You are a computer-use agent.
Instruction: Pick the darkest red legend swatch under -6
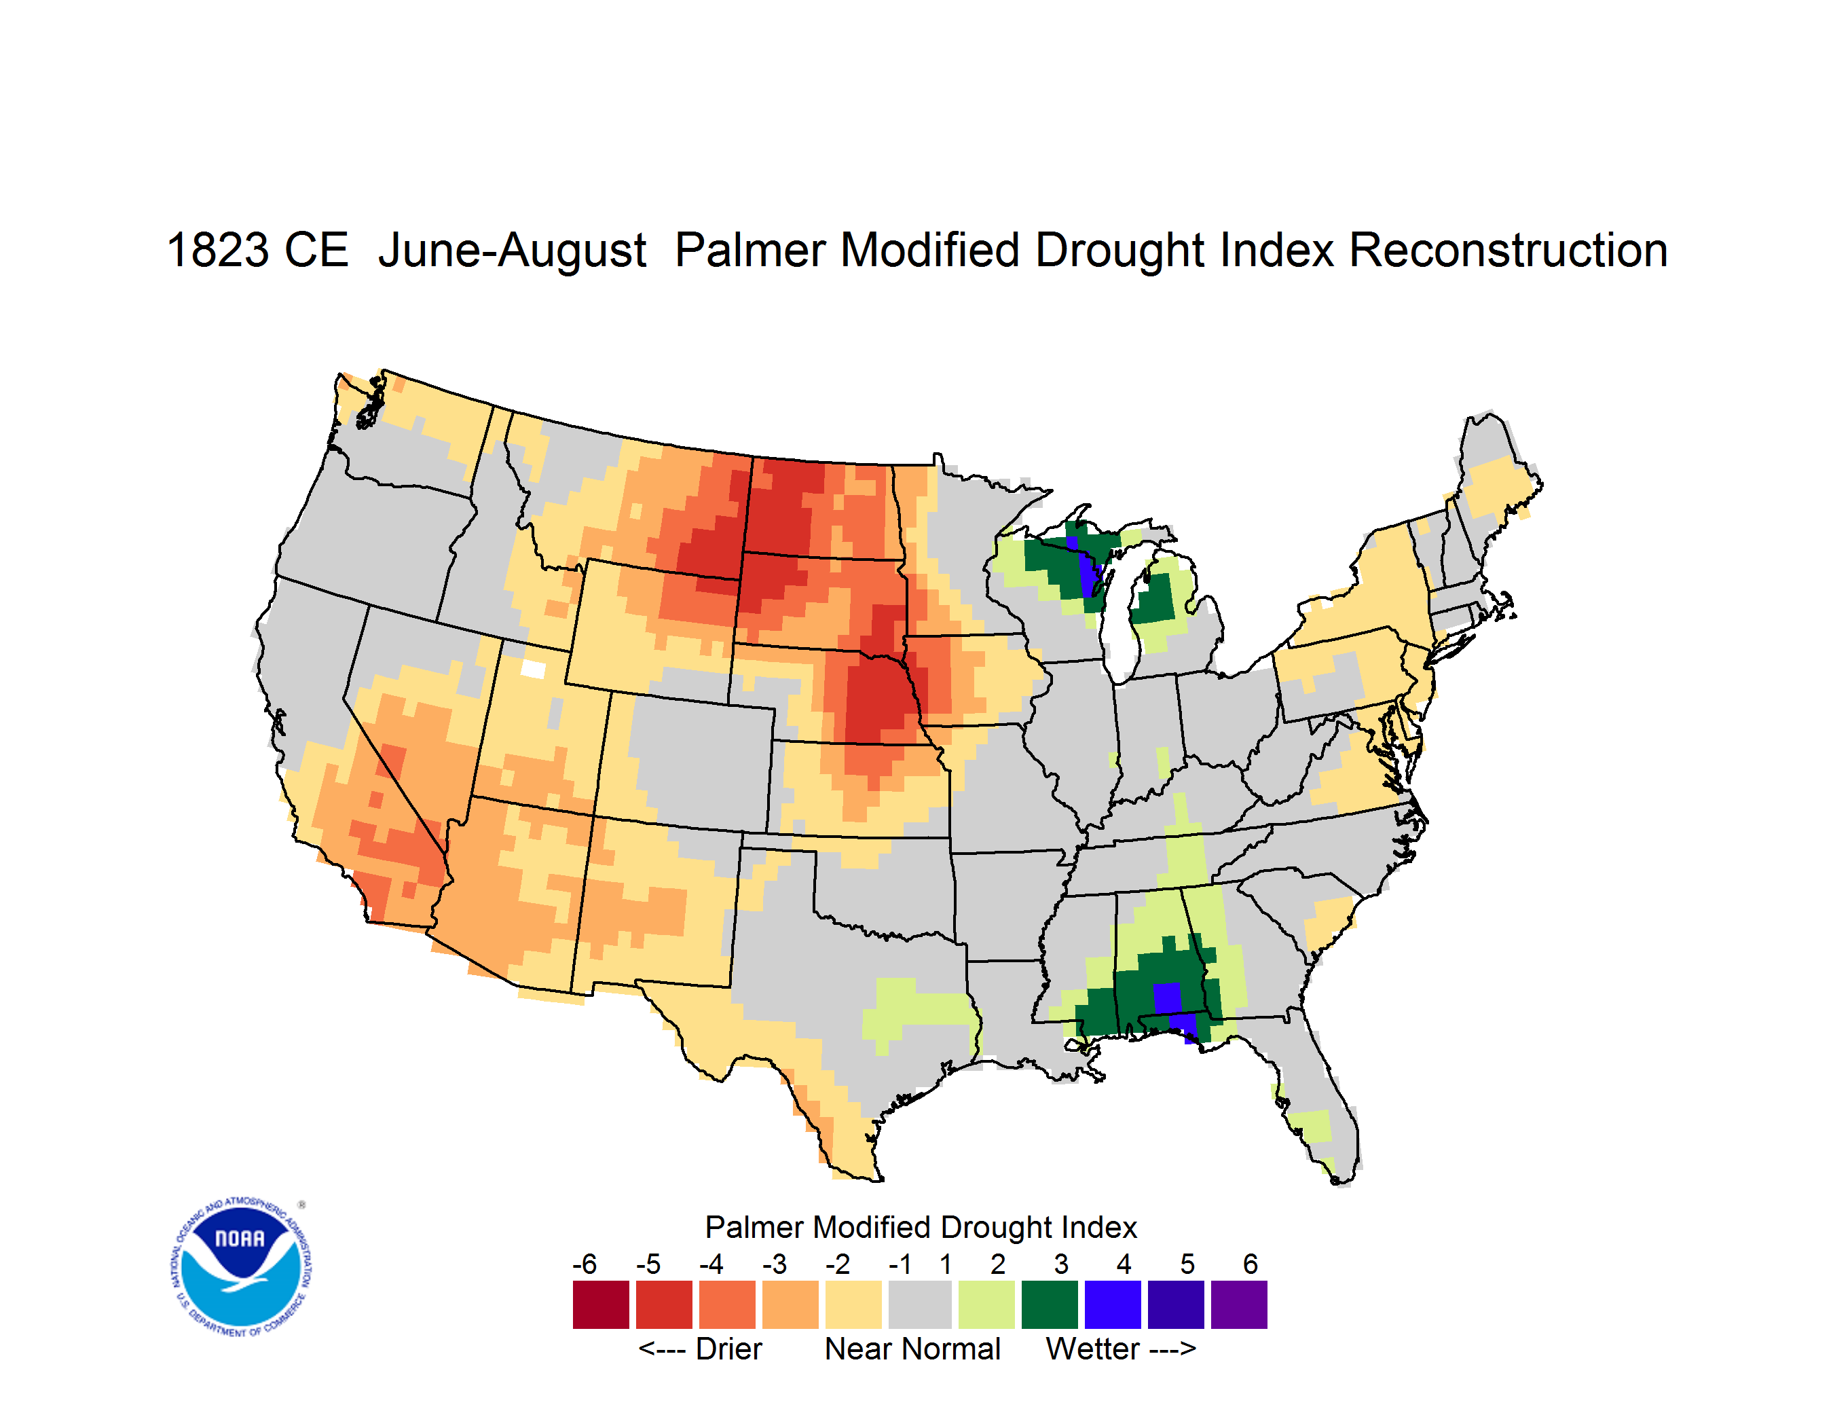point(601,1305)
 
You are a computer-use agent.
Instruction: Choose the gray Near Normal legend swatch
point(920,1305)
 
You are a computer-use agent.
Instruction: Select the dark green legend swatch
point(1049,1305)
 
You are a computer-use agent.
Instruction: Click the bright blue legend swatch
point(1113,1305)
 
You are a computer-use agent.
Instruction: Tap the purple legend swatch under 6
point(1239,1305)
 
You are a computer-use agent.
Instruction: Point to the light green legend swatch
point(986,1305)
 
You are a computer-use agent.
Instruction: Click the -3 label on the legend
point(774,1264)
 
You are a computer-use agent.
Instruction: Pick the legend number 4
point(1124,1264)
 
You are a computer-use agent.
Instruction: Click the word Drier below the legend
point(728,1349)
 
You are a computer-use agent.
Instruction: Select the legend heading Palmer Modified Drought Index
point(921,1227)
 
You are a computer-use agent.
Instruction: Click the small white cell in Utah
point(533,669)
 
